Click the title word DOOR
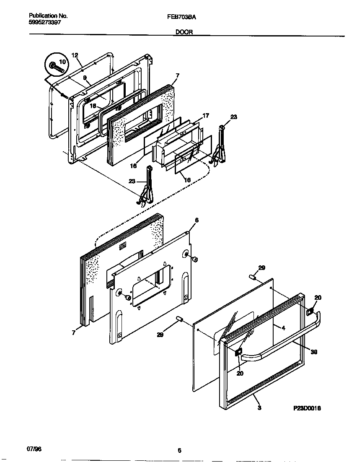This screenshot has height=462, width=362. pos(184,31)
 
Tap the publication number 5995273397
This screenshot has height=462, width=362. pos(45,23)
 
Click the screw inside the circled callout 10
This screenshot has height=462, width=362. pos(54,66)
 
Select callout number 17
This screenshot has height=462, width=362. pos(205,115)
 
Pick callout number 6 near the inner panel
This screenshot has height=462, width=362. pos(197,220)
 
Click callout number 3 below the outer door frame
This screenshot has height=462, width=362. pos(259,408)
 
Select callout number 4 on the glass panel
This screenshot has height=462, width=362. pos(283,328)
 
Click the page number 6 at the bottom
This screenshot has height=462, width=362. pos(179,451)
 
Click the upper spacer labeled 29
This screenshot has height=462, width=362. pos(253,277)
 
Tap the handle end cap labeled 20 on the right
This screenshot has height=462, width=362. pos(310,311)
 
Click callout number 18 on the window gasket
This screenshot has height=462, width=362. pos(93,106)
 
